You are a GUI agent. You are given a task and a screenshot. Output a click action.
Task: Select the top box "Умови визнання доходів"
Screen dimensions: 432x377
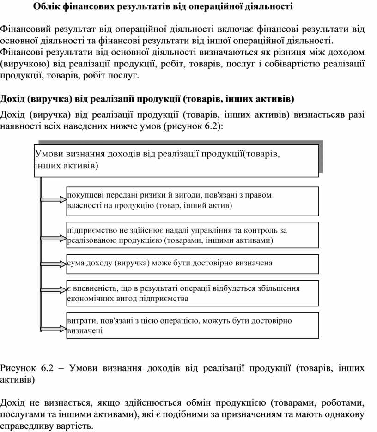pyautogui.click(x=176, y=160)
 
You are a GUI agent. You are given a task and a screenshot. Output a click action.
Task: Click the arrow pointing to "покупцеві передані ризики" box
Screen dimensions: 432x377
pyautogui.click(x=54, y=200)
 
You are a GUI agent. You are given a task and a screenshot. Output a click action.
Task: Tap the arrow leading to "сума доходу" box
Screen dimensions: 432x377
pyautogui.click(x=54, y=264)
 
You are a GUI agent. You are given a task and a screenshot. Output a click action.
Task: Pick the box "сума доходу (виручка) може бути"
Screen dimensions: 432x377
pyautogui.click(x=193, y=264)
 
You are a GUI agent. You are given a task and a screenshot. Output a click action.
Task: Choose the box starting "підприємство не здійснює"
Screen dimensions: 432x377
pyautogui.click(x=193, y=235)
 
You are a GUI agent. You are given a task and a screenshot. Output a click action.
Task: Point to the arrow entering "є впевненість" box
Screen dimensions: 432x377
pyautogui.click(x=54, y=293)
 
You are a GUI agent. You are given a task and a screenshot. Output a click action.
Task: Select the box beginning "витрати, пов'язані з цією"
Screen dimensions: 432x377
pyautogui.click(x=193, y=325)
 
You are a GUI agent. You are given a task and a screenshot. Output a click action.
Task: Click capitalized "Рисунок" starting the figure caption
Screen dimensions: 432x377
pyautogui.click(x=18, y=368)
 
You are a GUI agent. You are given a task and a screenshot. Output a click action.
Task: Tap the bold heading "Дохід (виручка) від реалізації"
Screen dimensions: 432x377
pyautogui.click(x=147, y=99)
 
